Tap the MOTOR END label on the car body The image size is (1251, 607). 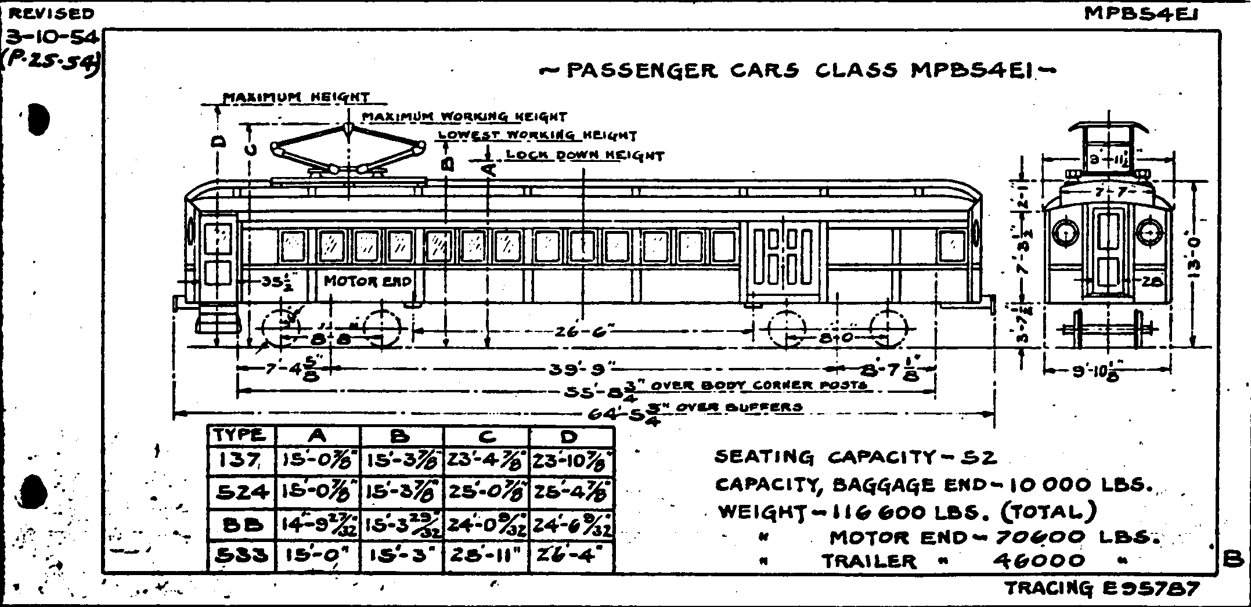point(367,281)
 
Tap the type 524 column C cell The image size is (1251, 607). point(486,492)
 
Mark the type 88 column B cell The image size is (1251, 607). point(402,525)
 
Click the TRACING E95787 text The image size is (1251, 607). point(1102,588)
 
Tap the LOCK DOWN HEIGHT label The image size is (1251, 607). point(585,156)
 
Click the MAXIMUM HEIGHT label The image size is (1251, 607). point(296,97)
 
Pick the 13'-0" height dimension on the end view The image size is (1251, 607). point(1203,264)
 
